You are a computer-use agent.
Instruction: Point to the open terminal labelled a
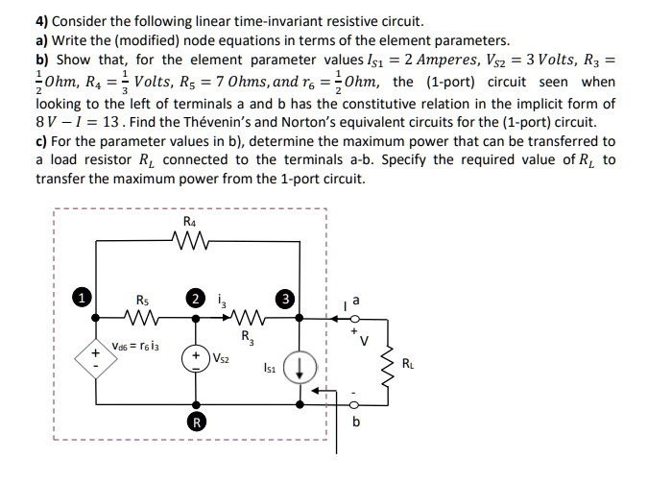click(x=353, y=317)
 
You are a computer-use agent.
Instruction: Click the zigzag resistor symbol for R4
click(x=194, y=241)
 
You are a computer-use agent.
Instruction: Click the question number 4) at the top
click(x=45, y=20)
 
